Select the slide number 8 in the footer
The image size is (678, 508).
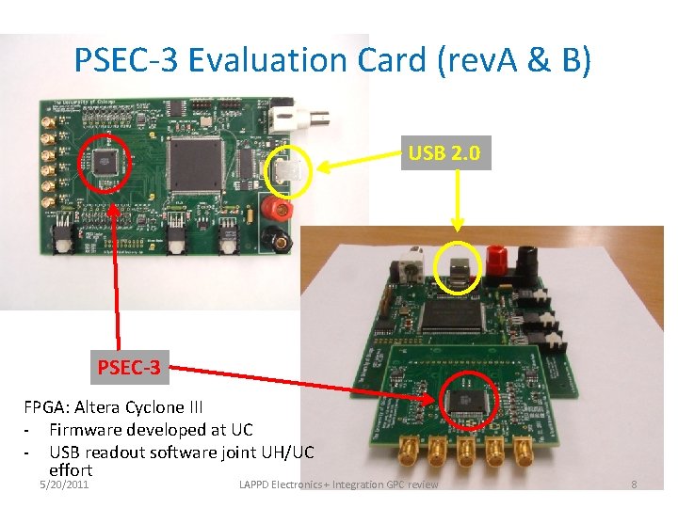coord(634,484)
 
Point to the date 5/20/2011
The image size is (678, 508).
coord(64,484)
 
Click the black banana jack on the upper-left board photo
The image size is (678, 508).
coord(280,235)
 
